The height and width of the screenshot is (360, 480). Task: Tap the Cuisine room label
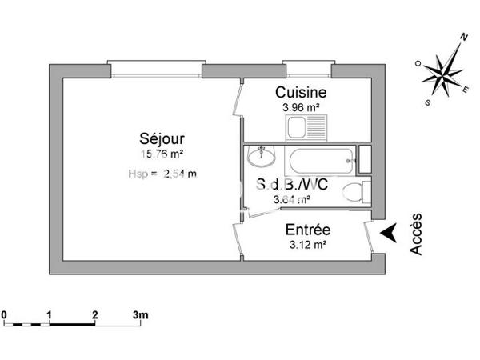(301, 93)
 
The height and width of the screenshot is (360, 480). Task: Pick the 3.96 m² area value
(302, 107)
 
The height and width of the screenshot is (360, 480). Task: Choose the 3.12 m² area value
(307, 245)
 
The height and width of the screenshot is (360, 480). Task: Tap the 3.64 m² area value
(291, 201)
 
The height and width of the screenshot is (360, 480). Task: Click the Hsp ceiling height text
(162, 173)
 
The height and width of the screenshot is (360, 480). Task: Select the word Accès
(417, 234)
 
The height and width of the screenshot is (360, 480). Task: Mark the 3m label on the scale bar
(141, 315)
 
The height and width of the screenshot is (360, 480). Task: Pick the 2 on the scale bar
(95, 315)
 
